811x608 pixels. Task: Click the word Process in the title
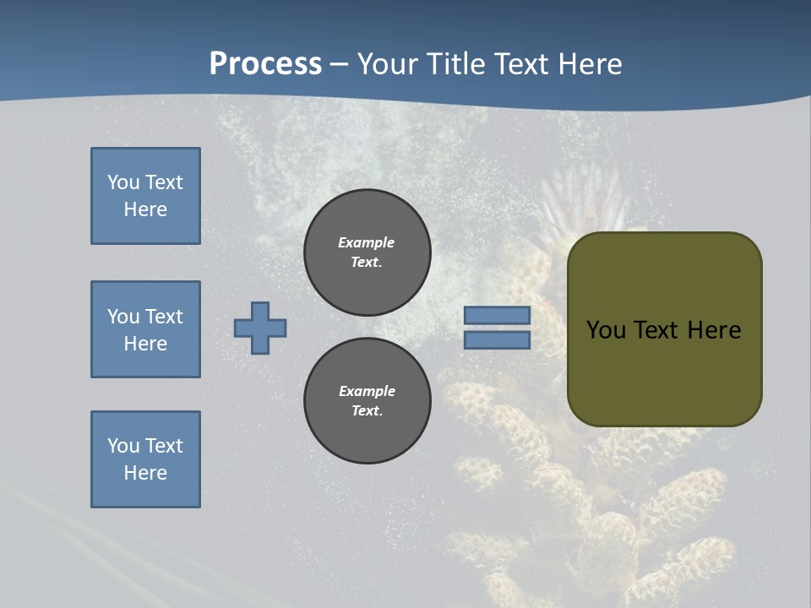pyautogui.click(x=265, y=64)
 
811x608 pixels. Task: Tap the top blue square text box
pyautogui.click(x=145, y=196)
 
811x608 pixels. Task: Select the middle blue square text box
pyautogui.click(x=145, y=329)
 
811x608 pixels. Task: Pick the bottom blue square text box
pyautogui.click(x=145, y=459)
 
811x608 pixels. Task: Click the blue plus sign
pyautogui.click(x=260, y=328)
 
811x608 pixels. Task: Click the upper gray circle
pyautogui.click(x=367, y=252)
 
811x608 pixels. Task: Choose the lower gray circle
pyautogui.click(x=367, y=401)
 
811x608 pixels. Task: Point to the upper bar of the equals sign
pyautogui.click(x=498, y=316)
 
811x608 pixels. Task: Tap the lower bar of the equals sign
pyautogui.click(x=498, y=340)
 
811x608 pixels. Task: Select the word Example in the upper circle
pyautogui.click(x=367, y=242)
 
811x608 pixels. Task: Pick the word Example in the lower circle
pyautogui.click(x=367, y=391)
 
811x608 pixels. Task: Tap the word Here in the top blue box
pyautogui.click(x=145, y=209)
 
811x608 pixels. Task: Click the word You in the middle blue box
pyautogui.click(x=122, y=317)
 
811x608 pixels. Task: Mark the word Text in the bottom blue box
pyautogui.click(x=163, y=446)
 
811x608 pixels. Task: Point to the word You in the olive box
pyautogui.click(x=606, y=330)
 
